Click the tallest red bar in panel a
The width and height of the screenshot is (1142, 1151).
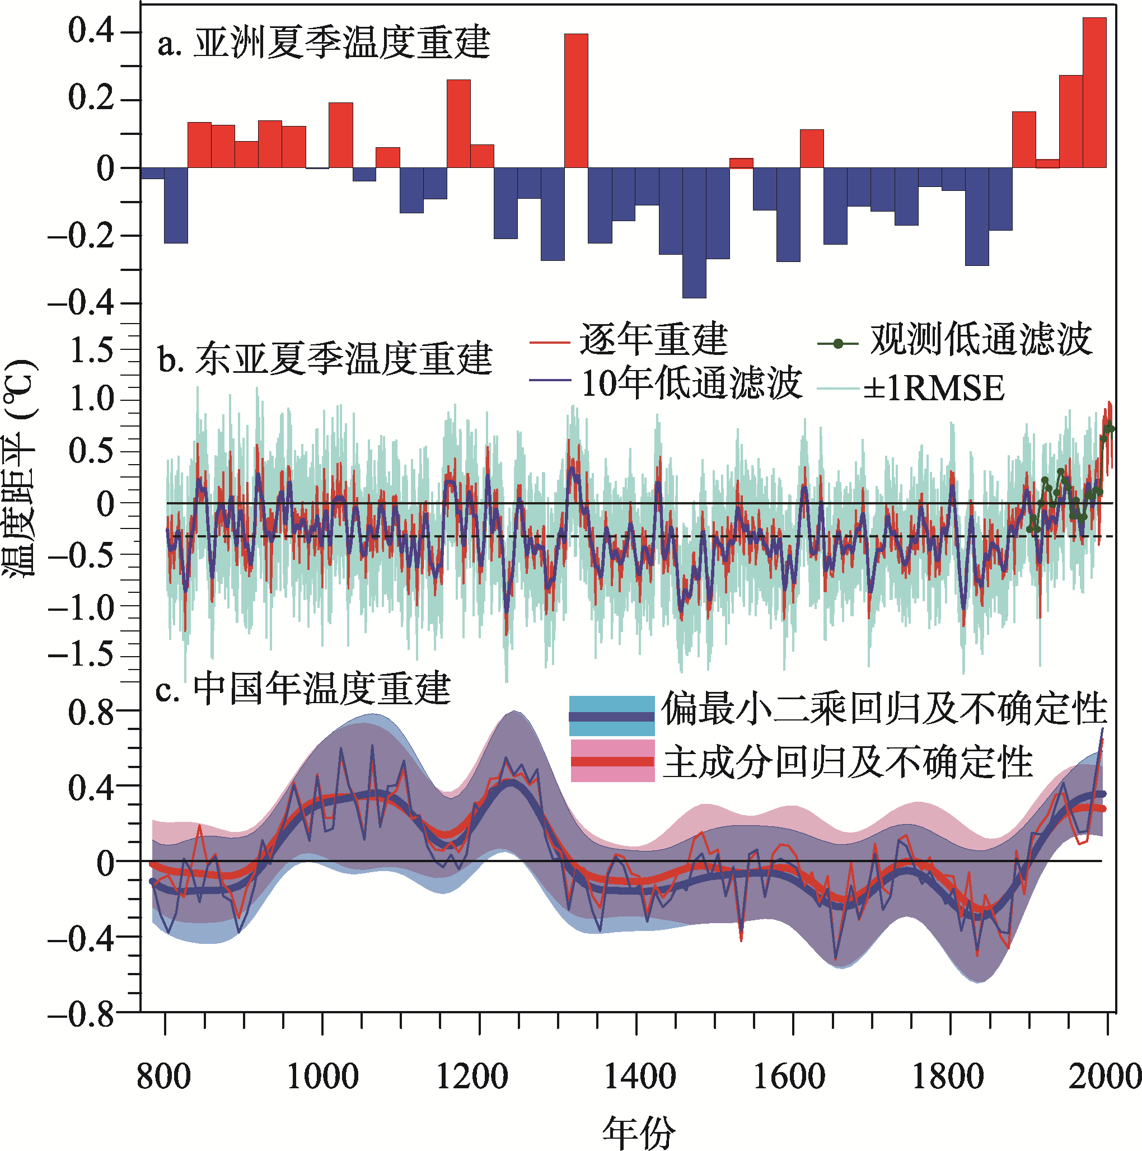pos(1094,92)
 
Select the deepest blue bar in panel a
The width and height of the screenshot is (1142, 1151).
pos(694,232)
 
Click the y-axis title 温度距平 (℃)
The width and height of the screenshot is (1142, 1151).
pos(21,467)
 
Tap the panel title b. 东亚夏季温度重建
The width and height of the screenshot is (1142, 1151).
pos(325,359)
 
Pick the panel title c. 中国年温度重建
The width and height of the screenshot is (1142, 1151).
pos(303,689)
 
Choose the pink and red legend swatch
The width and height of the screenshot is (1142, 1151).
pos(612,761)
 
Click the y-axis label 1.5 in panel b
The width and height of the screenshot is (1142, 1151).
pos(91,350)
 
